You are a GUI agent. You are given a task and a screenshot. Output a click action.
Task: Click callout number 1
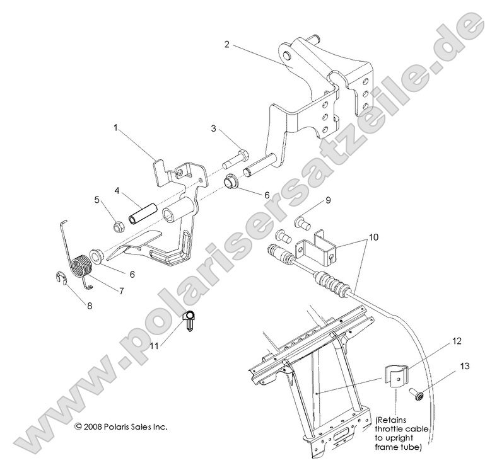pos(115,127)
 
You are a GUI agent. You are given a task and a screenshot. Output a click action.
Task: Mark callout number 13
pos(465,366)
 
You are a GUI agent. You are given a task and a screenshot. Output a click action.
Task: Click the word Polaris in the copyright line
pos(118,426)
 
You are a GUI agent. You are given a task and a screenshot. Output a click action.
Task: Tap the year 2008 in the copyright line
pos(92,426)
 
